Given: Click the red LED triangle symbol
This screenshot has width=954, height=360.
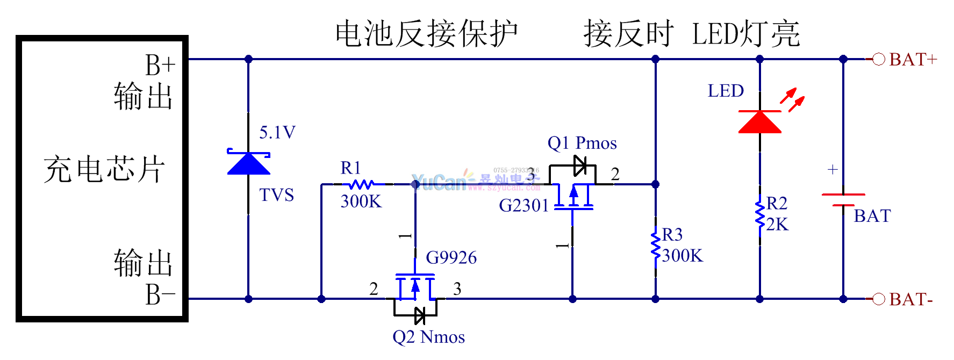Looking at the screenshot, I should [x=759, y=122].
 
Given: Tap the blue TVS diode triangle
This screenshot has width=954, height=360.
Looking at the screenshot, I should [x=248, y=163].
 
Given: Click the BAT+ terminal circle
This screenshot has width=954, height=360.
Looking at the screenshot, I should [x=878, y=59].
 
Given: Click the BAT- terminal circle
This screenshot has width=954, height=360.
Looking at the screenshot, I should [x=878, y=299].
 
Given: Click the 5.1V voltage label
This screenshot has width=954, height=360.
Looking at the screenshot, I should [x=277, y=132].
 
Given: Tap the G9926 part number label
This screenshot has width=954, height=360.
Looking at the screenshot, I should [x=451, y=258].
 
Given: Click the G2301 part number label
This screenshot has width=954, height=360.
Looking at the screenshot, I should [x=524, y=205].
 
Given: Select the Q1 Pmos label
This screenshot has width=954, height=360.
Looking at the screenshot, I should [x=582, y=143].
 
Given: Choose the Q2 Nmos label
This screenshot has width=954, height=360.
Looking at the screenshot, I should [x=428, y=337].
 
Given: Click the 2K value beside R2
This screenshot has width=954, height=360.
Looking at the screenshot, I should [x=777, y=225].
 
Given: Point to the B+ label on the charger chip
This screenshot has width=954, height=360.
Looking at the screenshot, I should [x=160, y=66].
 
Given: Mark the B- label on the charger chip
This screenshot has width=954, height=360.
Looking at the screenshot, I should [x=160, y=294].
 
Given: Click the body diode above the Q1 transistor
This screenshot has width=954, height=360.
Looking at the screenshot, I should [x=580, y=165].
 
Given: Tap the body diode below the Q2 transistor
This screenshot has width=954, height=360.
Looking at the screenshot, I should [x=420, y=315].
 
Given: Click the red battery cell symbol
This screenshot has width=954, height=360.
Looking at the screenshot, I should [x=843, y=199].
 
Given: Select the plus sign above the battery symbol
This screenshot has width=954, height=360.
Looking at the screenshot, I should [x=833, y=170].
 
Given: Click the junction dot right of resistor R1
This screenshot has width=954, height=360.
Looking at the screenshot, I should [x=415, y=184].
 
